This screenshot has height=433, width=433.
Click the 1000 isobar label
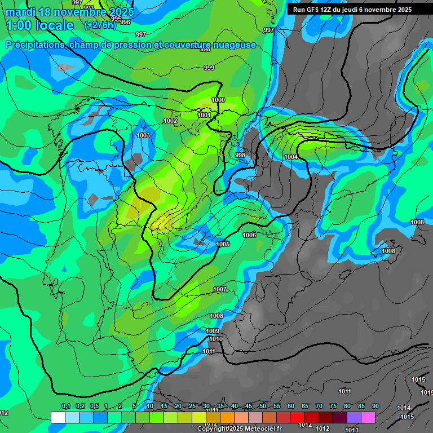(x=218, y=100)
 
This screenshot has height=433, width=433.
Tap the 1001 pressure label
(x=204, y=115)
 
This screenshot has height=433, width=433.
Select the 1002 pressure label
(x=170, y=121)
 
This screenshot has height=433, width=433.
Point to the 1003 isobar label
(x=143, y=135)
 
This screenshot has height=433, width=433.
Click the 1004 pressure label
(x=291, y=157)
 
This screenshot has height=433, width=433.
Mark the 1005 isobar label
(x=223, y=244)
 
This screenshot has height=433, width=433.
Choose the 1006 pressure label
(x=249, y=235)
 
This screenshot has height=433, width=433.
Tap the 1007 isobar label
(x=220, y=289)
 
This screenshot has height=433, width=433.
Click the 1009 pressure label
(x=213, y=331)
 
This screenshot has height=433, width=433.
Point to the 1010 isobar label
(x=215, y=339)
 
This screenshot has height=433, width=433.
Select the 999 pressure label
(x=209, y=68)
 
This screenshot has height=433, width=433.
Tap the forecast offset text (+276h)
(x=100, y=25)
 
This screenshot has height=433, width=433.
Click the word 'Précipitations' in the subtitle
(x=35, y=45)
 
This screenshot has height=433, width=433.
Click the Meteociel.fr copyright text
(x=239, y=428)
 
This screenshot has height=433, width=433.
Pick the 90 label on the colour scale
(x=375, y=406)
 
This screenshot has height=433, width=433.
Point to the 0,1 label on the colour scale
(x=66, y=406)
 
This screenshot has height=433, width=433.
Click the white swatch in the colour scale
(x=58, y=417)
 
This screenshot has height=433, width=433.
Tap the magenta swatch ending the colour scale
(x=368, y=417)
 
